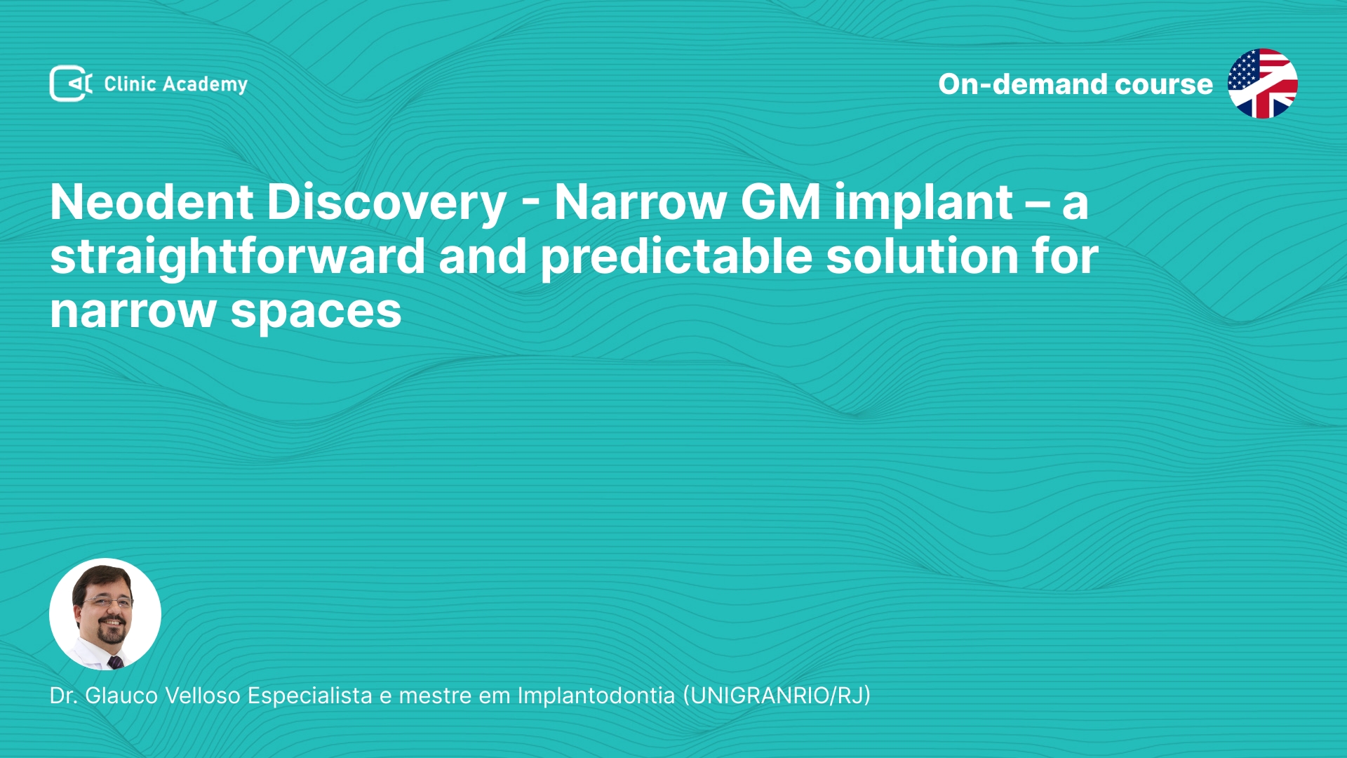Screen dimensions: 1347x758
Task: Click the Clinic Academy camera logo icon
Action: click(71, 84)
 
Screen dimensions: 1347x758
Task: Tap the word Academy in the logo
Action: click(205, 85)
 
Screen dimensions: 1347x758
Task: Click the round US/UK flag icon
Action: click(1262, 84)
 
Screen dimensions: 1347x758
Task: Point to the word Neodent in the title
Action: click(152, 202)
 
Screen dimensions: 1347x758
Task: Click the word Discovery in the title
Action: click(387, 204)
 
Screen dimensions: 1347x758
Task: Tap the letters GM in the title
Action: click(780, 202)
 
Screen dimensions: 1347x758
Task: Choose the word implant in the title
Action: click(923, 204)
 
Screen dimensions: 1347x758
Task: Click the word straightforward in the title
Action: click(238, 257)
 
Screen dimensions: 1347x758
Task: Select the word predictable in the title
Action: click(676, 257)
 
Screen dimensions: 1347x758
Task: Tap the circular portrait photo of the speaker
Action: click(105, 614)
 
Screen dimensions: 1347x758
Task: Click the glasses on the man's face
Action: click(107, 601)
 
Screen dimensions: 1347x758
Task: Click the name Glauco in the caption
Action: click(121, 696)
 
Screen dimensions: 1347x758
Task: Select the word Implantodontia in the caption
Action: click(596, 696)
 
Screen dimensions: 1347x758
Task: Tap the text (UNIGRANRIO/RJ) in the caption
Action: click(777, 696)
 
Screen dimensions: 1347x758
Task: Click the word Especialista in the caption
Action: click(309, 696)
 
